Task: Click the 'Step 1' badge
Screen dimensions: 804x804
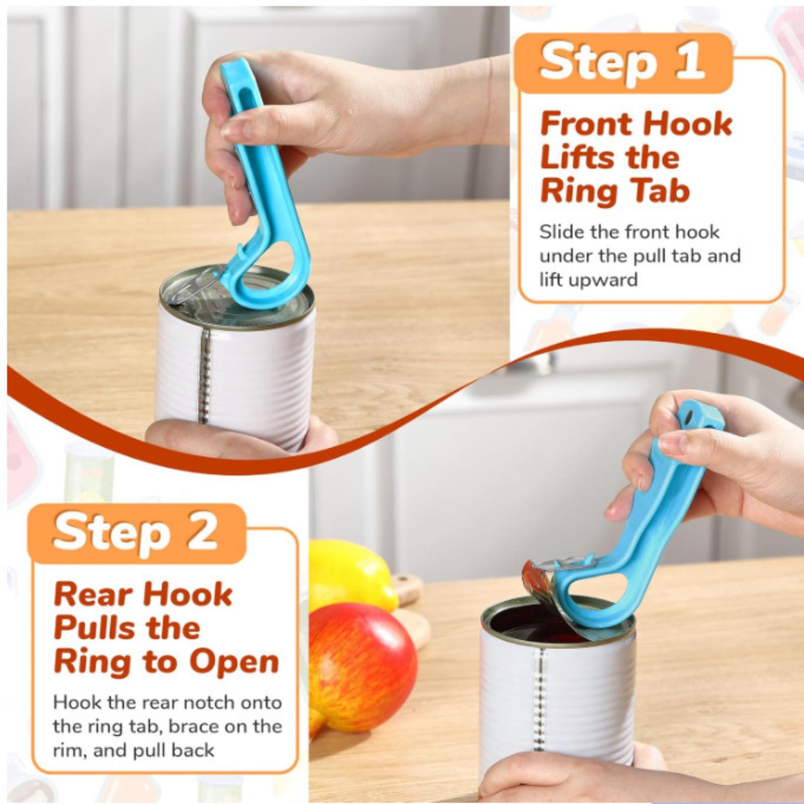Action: tap(623, 63)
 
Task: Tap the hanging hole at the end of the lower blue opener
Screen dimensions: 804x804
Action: tap(687, 416)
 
